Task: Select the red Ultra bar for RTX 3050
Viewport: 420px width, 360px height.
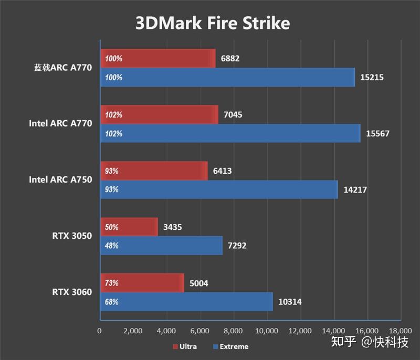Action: pyautogui.click(x=129, y=227)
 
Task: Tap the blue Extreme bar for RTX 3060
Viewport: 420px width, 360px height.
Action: pyautogui.click(x=186, y=302)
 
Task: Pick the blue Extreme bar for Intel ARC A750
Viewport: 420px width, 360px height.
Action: pyautogui.click(x=218, y=189)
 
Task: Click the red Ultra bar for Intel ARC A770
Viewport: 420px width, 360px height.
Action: pyautogui.click(x=159, y=114)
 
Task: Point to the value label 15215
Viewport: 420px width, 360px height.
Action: pyautogui.click(x=372, y=78)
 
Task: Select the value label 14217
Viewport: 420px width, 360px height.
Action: pyautogui.click(x=355, y=190)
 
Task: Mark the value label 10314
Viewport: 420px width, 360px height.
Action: pyautogui.click(x=290, y=302)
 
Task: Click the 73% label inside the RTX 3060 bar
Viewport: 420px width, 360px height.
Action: pyautogui.click(x=111, y=283)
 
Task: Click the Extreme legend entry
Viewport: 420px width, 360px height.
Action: pyautogui.click(x=230, y=346)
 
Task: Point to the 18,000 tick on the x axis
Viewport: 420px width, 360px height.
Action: pyautogui.click(x=400, y=331)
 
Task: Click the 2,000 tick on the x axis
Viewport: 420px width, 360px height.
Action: pyautogui.click(x=133, y=331)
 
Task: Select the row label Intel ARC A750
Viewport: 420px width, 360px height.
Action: pyautogui.click(x=60, y=179)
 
